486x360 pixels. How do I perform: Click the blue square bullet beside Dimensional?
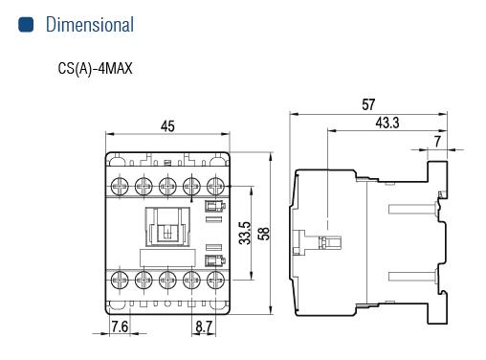[x=26, y=25]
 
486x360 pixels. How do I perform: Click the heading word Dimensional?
[x=90, y=25]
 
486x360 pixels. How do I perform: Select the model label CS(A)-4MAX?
[x=95, y=69]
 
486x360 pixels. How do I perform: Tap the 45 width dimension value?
[x=167, y=126]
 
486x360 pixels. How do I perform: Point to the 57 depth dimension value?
[x=368, y=104]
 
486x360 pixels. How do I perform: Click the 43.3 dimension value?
[x=387, y=123]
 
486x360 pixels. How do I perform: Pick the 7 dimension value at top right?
[x=437, y=142]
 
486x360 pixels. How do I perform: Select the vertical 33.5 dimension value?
[x=245, y=233]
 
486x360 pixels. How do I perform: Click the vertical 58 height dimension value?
[x=264, y=234]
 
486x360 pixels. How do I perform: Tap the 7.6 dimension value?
[x=120, y=326]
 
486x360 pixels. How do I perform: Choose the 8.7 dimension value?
[x=204, y=326]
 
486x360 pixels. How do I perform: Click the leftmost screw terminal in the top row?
[x=120, y=186]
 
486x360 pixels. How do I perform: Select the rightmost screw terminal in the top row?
[x=215, y=186]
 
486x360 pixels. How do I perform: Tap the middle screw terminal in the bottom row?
[x=167, y=281]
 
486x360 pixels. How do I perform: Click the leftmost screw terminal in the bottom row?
[x=120, y=281]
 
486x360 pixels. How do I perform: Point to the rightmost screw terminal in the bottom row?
[x=215, y=281]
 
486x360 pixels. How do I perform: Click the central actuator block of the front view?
[x=167, y=227]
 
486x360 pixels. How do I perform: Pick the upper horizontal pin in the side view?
[x=413, y=210]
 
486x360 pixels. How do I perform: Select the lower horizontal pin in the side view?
[x=413, y=276]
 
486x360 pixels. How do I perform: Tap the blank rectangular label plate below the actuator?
[x=167, y=259]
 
